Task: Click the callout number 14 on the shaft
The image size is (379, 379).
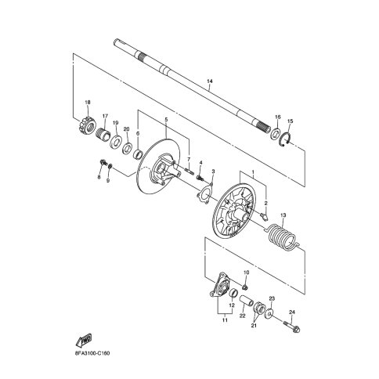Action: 210,81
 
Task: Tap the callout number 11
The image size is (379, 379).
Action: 225,320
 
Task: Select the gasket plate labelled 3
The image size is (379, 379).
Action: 204,193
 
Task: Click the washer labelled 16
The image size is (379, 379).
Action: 275,133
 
